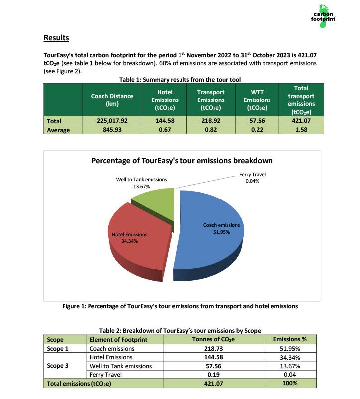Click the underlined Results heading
click(56, 38)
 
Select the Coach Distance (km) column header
click(112, 100)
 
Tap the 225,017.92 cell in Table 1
click(112, 121)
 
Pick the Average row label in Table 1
click(58, 130)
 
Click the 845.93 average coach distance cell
click(112, 130)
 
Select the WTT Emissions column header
click(257, 100)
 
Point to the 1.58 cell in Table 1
click(300, 130)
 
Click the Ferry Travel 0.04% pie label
click(252, 178)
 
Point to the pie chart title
click(182, 161)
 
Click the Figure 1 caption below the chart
click(180, 306)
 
